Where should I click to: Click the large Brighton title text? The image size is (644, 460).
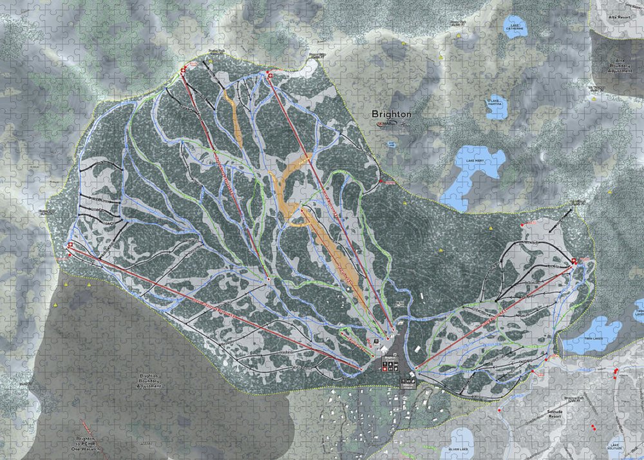tap(391, 114)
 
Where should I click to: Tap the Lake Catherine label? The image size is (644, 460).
tap(515, 28)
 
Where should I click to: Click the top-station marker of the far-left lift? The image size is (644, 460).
tap(70, 245)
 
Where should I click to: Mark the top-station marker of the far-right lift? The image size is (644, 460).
tap(574, 261)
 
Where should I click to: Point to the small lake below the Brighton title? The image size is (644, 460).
tap(391, 144)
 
